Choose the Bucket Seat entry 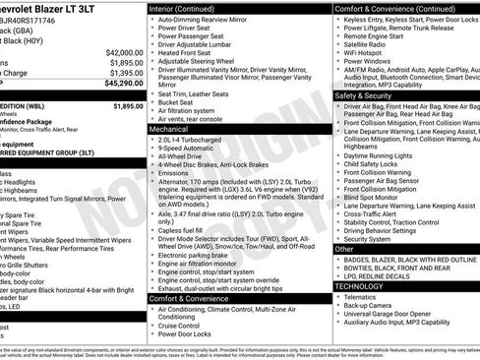[x=176, y=101]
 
